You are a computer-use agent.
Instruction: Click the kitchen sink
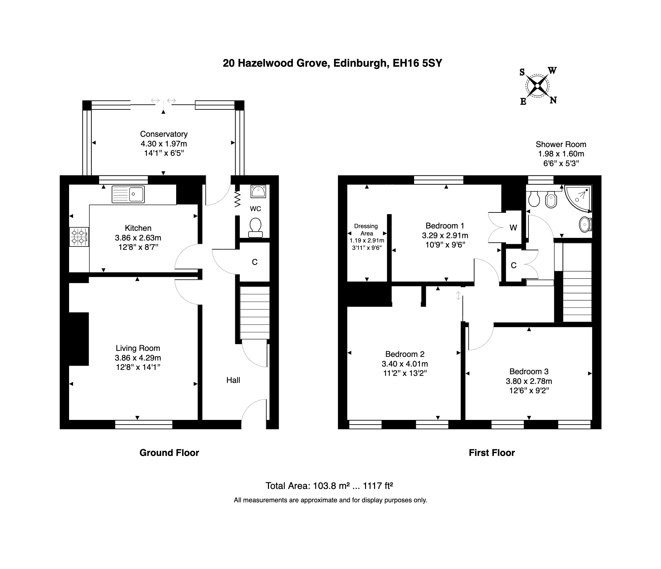tap(128, 194)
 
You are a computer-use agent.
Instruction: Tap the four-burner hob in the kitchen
tap(79, 237)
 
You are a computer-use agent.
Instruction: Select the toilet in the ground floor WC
tap(256, 227)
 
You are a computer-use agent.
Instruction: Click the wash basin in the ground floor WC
tap(258, 191)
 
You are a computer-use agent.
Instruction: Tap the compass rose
tap(538, 86)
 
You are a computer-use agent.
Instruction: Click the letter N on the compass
tap(553, 100)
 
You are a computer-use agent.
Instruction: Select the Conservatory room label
tap(164, 134)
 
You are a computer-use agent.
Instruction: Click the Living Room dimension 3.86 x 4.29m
tap(138, 358)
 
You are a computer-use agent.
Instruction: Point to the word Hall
tap(233, 380)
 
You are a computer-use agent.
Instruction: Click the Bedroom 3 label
tap(529, 372)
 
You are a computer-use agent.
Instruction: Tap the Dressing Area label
tap(366, 230)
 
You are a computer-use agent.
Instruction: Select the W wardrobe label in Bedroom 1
tap(513, 228)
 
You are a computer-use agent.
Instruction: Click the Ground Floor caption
tap(169, 453)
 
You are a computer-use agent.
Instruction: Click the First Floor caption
tap(492, 453)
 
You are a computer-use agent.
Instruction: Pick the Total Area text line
tap(329, 486)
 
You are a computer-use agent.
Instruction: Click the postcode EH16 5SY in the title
tap(417, 63)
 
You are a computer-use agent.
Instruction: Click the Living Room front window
tap(144, 424)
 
